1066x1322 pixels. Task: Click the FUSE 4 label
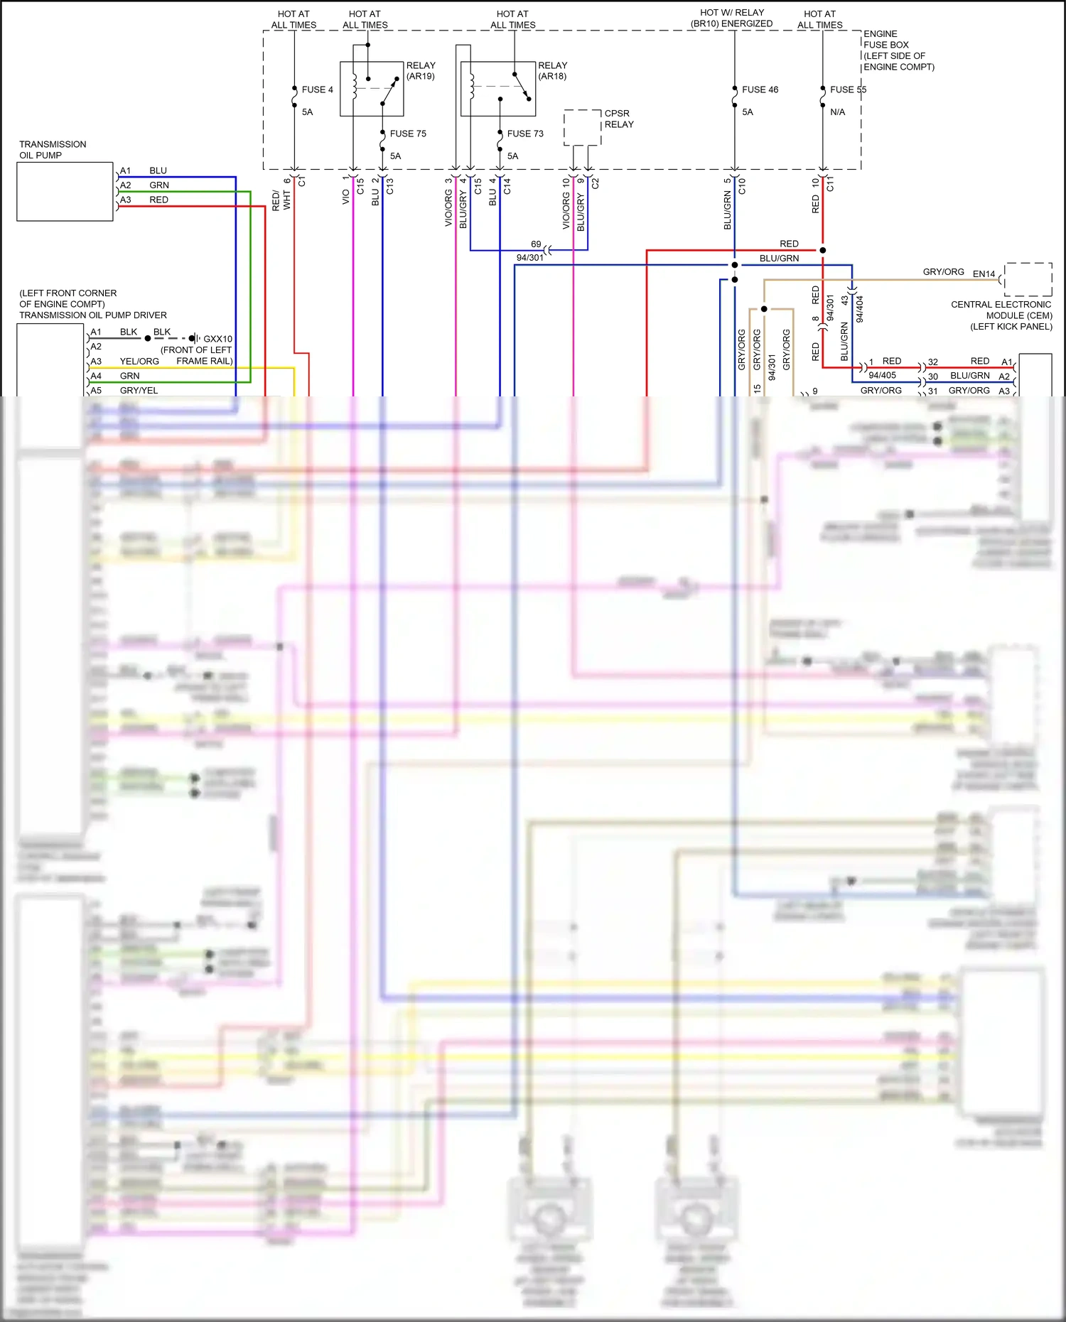point(317,90)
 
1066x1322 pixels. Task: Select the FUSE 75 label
point(408,134)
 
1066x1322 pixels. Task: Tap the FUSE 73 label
point(525,134)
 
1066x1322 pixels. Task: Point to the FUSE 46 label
point(760,90)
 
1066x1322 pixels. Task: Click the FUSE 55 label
point(848,90)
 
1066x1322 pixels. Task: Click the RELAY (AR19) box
point(372,89)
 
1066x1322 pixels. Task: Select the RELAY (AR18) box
point(497,89)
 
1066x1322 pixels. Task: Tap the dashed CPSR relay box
point(582,127)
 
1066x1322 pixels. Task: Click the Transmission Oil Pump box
point(65,192)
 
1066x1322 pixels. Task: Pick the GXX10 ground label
point(217,339)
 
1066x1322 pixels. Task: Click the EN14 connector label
point(984,274)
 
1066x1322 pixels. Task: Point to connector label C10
point(742,186)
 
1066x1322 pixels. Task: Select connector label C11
point(830,185)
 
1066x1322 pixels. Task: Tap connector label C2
point(596,183)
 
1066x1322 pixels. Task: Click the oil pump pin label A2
point(126,185)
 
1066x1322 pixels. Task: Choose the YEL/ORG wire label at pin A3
point(139,362)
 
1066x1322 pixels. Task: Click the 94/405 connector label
point(882,375)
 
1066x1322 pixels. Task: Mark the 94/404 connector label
point(860,310)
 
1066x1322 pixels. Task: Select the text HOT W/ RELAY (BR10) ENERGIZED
point(731,18)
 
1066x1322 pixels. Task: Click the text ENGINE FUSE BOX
point(885,39)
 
